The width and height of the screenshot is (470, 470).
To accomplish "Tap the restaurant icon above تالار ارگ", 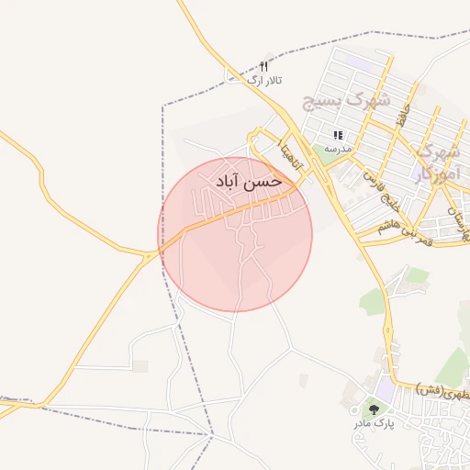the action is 263,66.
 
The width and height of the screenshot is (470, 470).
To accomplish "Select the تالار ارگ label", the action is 264,81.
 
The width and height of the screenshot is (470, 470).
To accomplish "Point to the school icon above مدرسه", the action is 338,134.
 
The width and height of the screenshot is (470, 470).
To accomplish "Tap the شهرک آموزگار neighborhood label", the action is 435,163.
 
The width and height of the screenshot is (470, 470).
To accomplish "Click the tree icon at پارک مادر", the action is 374,408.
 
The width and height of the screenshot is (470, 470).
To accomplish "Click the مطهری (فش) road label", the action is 442,390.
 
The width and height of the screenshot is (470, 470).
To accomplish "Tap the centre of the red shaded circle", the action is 235,234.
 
